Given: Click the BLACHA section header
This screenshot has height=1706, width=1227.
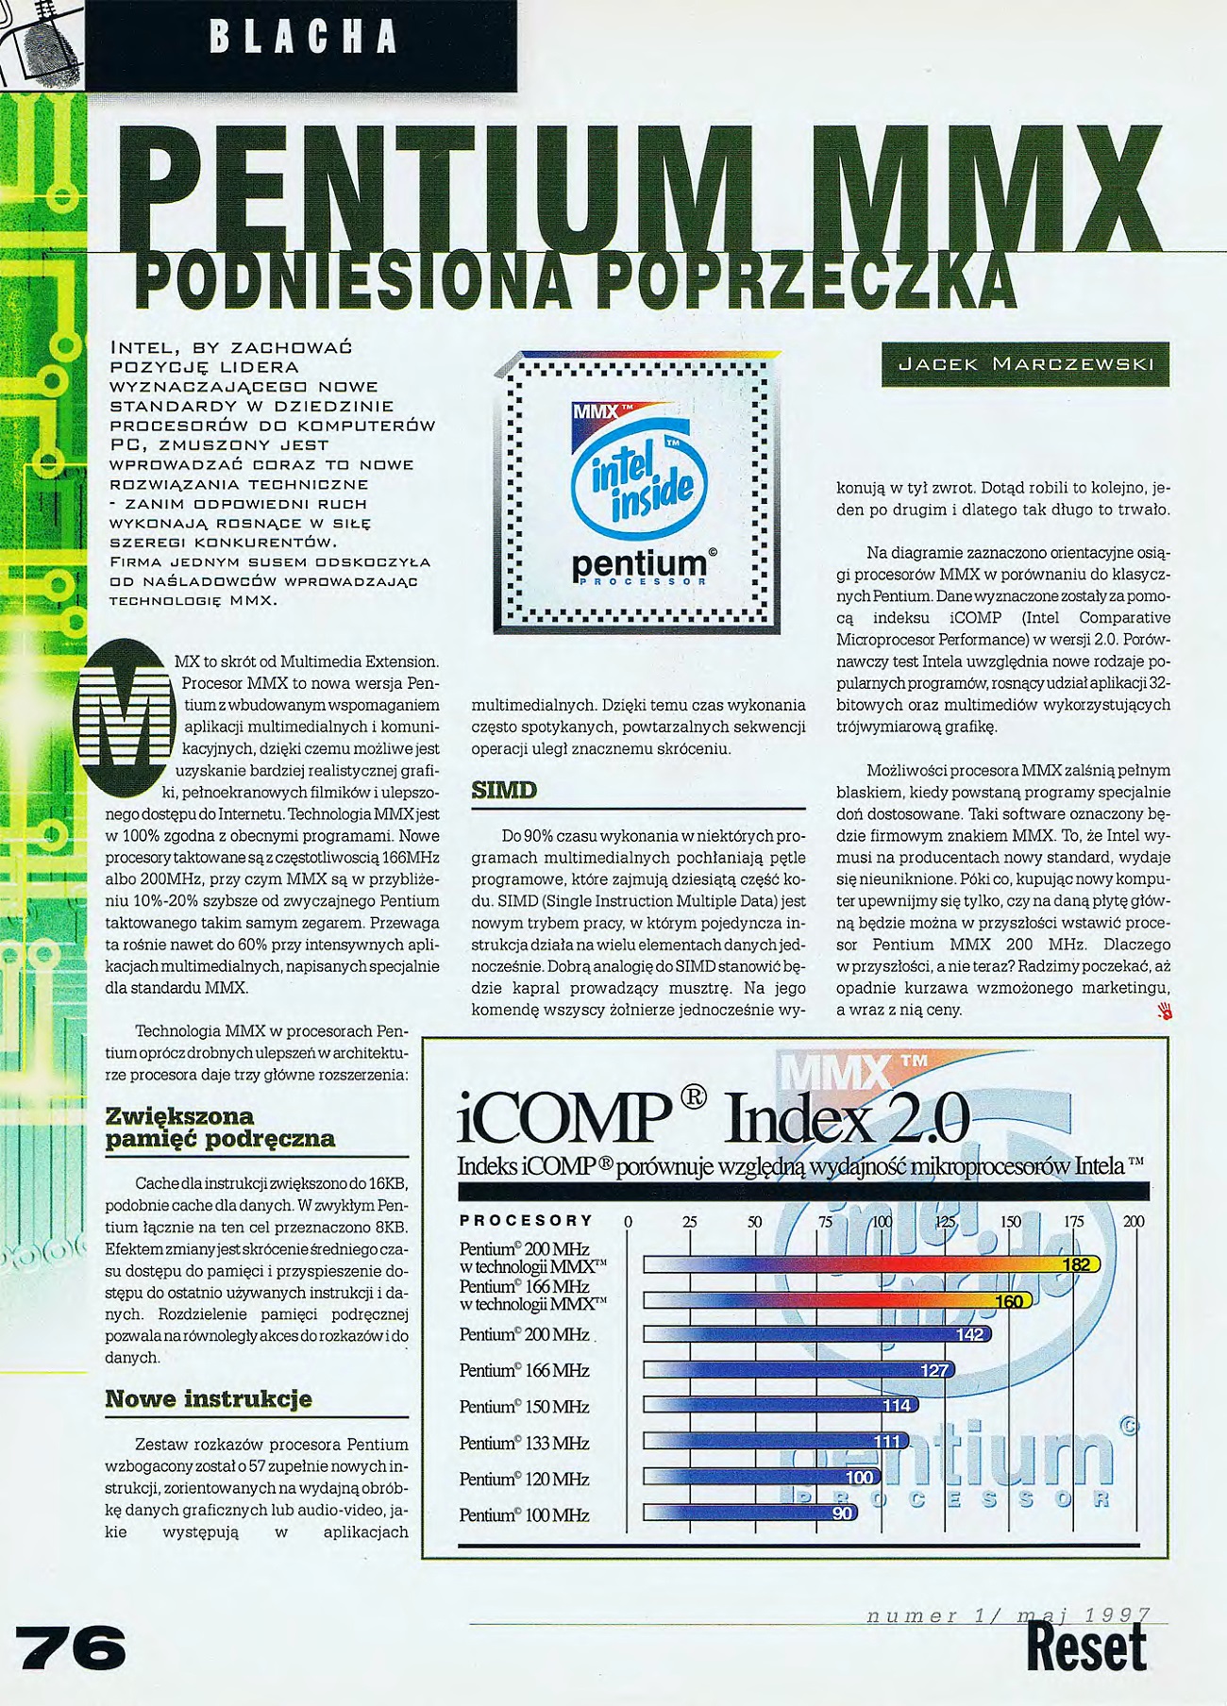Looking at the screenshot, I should point(302,38).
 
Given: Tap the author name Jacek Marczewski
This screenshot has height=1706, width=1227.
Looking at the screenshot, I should point(1025,364).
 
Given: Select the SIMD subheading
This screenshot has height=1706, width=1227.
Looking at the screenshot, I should point(504,790).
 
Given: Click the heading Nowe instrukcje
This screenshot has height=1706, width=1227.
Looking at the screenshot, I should point(208,1398).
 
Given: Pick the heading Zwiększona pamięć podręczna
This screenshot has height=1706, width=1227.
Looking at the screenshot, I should point(220,1128).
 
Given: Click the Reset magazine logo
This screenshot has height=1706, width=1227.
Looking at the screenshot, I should point(1086,1647).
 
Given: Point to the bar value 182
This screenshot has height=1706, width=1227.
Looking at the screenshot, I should point(1076,1264).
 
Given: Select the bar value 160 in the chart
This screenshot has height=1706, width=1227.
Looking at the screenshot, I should point(1009,1301).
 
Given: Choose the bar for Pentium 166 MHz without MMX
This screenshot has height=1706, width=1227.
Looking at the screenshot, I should point(798,1370).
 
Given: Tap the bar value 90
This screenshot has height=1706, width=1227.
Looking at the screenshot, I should point(842,1514).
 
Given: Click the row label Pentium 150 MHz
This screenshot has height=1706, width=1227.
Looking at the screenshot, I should point(524,1407).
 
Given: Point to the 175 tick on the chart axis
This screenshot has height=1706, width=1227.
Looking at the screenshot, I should point(1073,1221).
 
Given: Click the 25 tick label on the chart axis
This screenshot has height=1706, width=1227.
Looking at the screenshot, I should point(690,1221).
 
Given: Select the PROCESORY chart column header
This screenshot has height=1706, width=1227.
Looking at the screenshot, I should point(526,1220).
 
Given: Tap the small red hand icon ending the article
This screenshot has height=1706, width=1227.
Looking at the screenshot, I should point(1163,1012).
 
